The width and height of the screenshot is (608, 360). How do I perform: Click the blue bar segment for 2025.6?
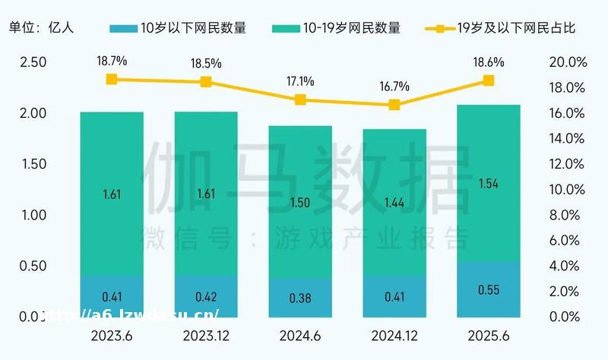point(488,289)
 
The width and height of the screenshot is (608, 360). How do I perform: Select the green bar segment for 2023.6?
point(112,194)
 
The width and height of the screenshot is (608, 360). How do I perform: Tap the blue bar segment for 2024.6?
point(299,298)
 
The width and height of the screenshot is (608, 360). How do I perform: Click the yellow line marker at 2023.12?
point(206,82)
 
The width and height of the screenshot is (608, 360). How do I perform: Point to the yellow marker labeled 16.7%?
point(394,105)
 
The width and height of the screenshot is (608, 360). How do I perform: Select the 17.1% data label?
point(299,81)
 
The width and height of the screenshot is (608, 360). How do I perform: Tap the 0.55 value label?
point(488,289)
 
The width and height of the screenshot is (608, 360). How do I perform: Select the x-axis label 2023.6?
point(112,335)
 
